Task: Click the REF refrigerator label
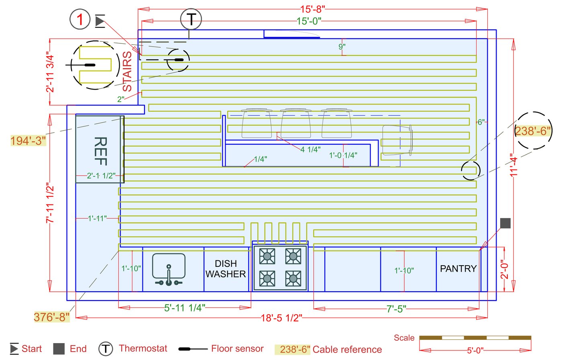(x=100, y=151)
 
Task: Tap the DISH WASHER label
(x=226, y=269)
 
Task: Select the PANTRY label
(x=458, y=268)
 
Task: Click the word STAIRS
(x=127, y=72)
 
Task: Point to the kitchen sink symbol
(x=169, y=269)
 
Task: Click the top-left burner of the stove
(x=267, y=256)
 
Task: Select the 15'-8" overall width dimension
(x=312, y=9)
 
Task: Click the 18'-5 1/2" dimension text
(x=281, y=318)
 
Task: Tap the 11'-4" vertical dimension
(x=514, y=165)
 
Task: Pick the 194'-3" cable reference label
(x=28, y=141)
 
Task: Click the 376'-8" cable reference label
(x=51, y=317)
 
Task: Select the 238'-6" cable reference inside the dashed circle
(x=533, y=131)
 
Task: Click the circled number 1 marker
(x=80, y=19)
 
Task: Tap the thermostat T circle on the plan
(x=191, y=19)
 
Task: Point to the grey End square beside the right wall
(x=505, y=223)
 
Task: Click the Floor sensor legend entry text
(x=237, y=349)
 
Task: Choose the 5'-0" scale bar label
(x=475, y=351)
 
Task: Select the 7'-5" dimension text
(x=396, y=309)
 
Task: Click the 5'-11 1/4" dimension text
(x=185, y=308)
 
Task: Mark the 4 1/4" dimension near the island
(x=310, y=149)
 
